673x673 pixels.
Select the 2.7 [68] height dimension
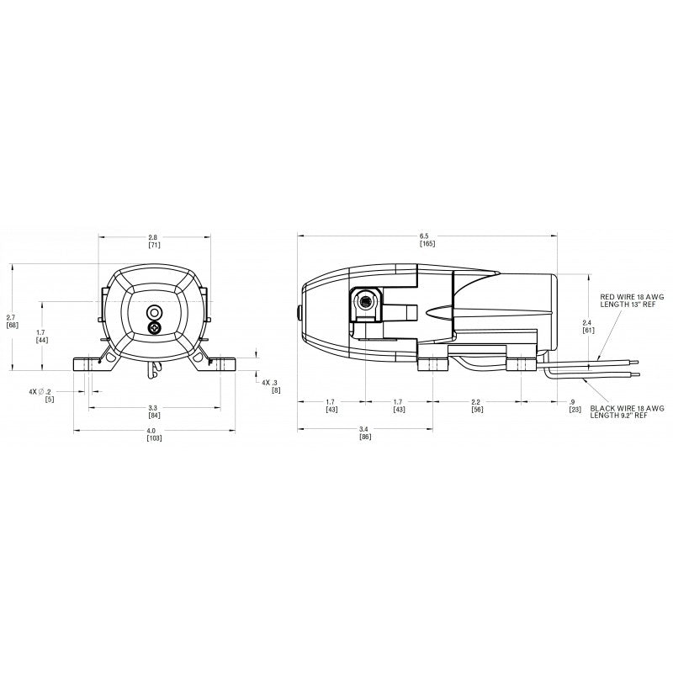12,320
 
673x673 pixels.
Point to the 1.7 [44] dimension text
41,336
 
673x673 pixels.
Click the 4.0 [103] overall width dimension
154,434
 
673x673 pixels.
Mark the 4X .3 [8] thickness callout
271,386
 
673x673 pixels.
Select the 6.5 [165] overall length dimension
427,240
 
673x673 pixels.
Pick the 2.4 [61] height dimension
589,326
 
